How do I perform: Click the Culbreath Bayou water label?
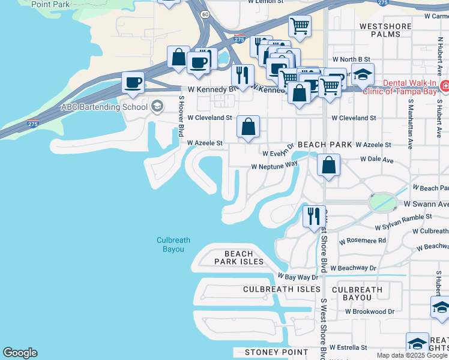point(173,244)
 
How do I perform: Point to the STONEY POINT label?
point(276,352)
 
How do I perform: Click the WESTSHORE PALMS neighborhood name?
point(385,30)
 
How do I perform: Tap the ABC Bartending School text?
point(104,107)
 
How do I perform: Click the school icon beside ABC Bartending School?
point(157,107)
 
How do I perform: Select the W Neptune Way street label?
point(274,165)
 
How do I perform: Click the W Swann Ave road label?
point(426,204)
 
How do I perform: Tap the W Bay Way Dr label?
point(297,277)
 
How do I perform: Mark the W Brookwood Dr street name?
point(367,311)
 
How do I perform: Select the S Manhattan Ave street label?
point(411,121)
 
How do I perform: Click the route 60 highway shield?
point(205,13)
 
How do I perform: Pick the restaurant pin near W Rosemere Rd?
point(313,216)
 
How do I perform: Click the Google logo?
point(20,353)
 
